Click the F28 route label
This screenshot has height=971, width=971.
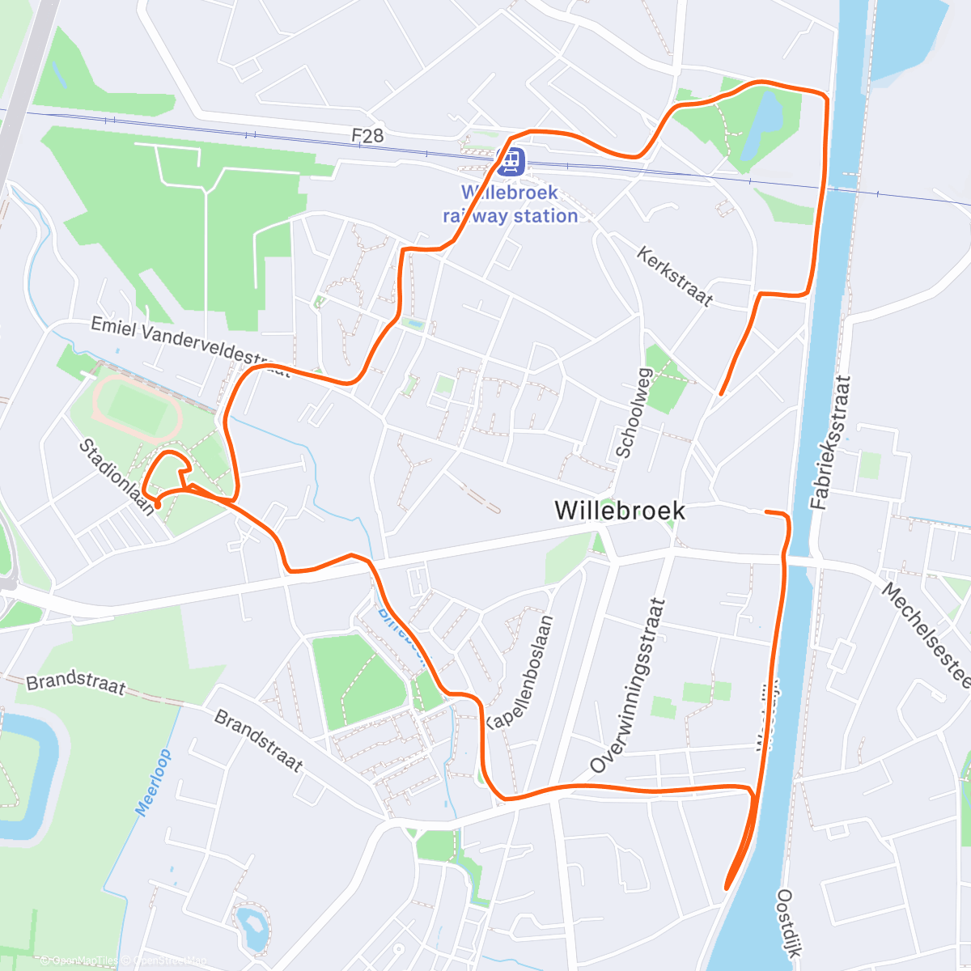367,135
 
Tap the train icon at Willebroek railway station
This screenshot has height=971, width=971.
511,162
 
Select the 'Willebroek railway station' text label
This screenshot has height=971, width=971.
510,205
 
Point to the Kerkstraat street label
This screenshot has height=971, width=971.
675,277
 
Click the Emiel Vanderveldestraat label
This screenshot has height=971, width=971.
190,346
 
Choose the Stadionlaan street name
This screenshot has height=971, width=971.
117,477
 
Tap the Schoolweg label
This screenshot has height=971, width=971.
634,413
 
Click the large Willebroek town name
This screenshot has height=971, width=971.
620,511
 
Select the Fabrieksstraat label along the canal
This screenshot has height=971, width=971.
831,442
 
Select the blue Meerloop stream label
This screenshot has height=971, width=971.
154,782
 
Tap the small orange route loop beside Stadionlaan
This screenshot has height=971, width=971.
168,473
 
